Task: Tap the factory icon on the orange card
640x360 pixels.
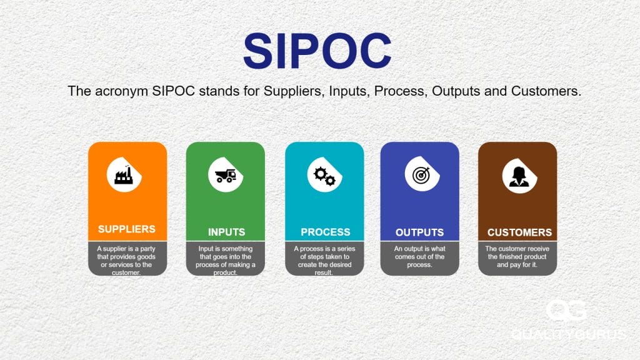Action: (124, 175)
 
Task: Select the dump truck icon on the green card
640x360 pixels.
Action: (225, 176)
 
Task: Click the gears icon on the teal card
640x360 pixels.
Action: (324, 176)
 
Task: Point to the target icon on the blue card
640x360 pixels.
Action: (419, 176)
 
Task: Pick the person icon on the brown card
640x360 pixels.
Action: (517, 176)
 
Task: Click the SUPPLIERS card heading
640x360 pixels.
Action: (127, 229)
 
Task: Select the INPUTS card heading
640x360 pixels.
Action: (226, 232)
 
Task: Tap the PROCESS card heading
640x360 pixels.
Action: (325, 232)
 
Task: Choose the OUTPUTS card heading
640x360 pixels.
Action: (419, 232)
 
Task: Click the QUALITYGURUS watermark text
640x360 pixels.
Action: (567, 335)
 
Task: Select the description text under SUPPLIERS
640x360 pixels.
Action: (127, 260)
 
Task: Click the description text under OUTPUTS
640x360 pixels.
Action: (419, 256)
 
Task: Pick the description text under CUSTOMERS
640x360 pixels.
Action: (517, 256)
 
